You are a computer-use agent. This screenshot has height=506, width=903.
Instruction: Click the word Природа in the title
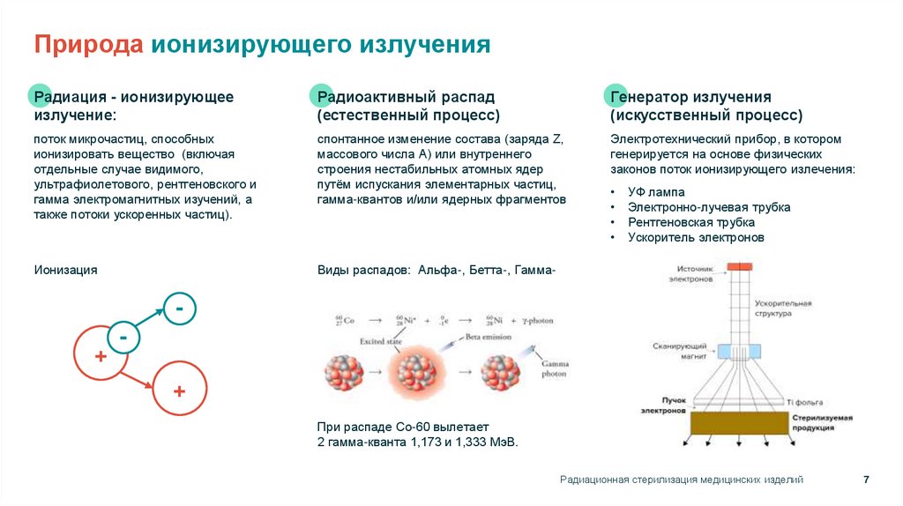click(89, 45)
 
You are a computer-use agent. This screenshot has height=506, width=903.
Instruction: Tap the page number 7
click(866, 480)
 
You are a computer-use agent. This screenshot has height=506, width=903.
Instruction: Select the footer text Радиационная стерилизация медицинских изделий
click(681, 480)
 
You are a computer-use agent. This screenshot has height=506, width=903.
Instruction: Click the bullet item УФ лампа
click(656, 191)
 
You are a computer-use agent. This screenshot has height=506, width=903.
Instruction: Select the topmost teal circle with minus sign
click(179, 309)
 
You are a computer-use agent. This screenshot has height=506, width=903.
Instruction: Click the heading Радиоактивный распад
click(406, 97)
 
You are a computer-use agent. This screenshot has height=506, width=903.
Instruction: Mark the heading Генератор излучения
click(690, 97)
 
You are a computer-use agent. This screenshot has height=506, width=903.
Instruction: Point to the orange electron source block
click(739, 266)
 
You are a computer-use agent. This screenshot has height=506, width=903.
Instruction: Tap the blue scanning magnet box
click(738, 351)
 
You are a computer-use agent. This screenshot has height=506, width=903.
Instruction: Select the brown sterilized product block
click(740, 423)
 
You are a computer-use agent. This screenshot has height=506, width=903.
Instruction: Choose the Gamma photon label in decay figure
click(554, 368)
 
